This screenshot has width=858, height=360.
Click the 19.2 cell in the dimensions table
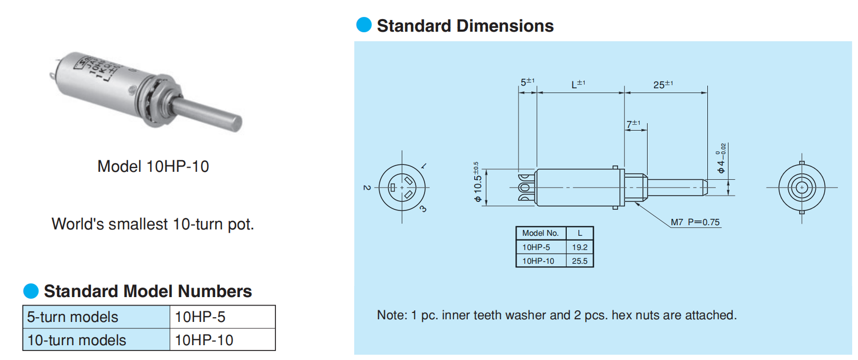(579, 247)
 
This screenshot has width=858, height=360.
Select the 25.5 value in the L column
(579, 261)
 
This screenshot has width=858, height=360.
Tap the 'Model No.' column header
(540, 233)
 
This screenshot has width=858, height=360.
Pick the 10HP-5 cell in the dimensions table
(536, 247)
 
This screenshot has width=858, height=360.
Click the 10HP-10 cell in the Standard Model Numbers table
(204, 340)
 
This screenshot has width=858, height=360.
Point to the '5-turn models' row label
(73, 317)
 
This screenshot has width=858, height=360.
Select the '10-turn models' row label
(77, 340)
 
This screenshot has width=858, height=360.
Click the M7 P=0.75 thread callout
(695, 222)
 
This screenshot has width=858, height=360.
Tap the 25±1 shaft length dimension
(663, 85)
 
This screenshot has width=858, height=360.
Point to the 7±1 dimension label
(633, 124)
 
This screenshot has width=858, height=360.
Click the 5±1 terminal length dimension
(527, 82)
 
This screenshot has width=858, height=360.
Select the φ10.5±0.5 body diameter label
(477, 182)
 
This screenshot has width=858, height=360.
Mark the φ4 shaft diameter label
(721, 159)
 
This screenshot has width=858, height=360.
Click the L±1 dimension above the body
(578, 84)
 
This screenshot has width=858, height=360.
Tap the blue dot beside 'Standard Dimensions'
(364, 25)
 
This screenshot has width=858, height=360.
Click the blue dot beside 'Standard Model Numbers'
(31, 291)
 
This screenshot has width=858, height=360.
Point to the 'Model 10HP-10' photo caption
(153, 167)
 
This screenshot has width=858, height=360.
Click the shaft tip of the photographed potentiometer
(235, 123)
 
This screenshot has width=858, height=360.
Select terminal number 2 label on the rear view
(366, 188)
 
